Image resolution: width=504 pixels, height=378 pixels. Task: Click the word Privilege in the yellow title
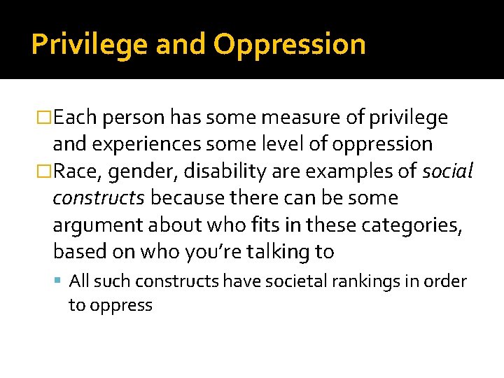90,45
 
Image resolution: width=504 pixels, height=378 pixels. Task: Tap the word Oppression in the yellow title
289,45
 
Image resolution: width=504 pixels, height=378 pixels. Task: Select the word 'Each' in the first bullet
77,118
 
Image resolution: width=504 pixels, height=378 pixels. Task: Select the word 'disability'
213,171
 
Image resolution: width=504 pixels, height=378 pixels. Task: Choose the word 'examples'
331,171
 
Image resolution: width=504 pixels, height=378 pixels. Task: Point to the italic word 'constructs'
99,198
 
